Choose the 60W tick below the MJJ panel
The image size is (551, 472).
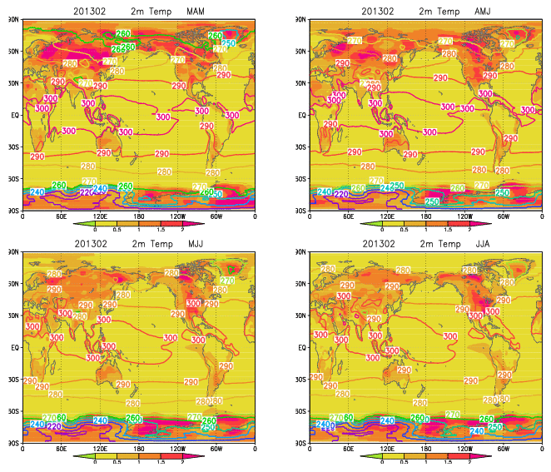(x=216, y=450)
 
